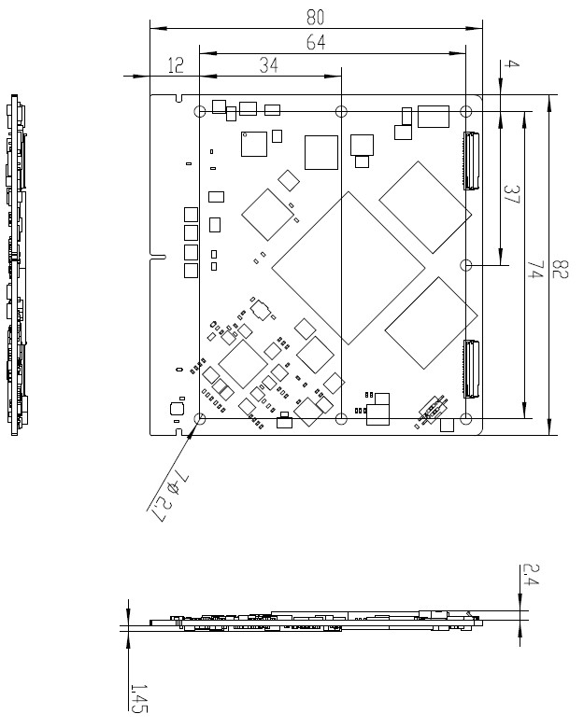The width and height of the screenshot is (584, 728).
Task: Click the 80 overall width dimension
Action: pyautogui.click(x=315, y=17)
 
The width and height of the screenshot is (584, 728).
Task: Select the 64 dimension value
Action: pyautogui.click(x=316, y=42)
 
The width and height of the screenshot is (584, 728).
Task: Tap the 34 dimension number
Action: pyautogui.click(x=269, y=65)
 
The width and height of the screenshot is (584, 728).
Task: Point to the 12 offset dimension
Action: pyautogui.click(x=176, y=65)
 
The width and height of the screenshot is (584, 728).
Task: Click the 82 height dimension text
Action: pyautogui.click(x=560, y=269)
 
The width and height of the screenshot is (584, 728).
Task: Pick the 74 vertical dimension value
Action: pyautogui.click(x=535, y=270)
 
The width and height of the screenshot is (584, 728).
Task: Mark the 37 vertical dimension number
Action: pyautogui.click(x=511, y=194)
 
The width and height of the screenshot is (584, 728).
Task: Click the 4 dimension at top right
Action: pyautogui.click(x=511, y=64)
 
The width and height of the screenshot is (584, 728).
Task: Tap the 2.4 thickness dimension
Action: pyautogui.click(x=531, y=574)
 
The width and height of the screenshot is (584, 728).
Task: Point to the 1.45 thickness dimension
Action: pyautogui.click(x=138, y=698)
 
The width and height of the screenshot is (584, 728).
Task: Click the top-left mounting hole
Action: pyautogui.click(x=199, y=111)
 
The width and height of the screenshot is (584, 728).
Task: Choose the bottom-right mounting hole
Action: pyautogui.click(x=466, y=419)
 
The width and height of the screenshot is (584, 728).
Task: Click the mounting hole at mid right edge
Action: pyautogui.click(x=466, y=265)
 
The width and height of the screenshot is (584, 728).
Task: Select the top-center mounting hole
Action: pyautogui.click(x=341, y=111)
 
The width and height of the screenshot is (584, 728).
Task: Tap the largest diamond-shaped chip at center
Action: pyautogui.click(x=349, y=269)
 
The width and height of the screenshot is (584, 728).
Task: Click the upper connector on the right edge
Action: pyautogui.click(x=472, y=161)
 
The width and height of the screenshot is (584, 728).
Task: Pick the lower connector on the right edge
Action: pyautogui.click(x=472, y=369)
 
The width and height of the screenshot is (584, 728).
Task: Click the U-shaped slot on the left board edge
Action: pyautogui.click(x=158, y=257)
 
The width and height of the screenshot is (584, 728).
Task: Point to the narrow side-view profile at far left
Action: pyautogui.click(x=16, y=265)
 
